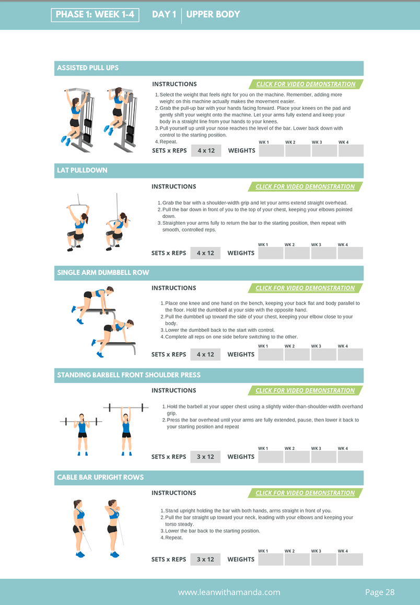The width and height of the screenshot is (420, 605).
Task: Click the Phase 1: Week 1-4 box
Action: click(x=95, y=15)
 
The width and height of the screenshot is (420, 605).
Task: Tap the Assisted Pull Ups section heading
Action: click(x=88, y=68)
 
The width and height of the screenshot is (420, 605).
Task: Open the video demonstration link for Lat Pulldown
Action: click(x=305, y=187)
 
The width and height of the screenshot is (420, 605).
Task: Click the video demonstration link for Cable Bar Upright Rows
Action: click(x=305, y=493)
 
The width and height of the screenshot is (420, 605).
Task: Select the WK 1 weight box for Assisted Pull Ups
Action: click(x=272, y=150)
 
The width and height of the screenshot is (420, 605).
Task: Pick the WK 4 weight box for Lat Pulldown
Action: click(x=350, y=253)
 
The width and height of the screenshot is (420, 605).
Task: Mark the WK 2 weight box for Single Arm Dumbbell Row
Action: click(x=297, y=355)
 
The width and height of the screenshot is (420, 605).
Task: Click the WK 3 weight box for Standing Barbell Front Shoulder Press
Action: click(x=323, y=457)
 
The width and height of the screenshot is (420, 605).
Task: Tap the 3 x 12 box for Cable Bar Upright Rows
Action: click(x=205, y=560)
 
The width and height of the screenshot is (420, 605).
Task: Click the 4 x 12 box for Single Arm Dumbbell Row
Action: click(x=205, y=355)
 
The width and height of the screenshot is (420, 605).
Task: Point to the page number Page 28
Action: click(x=380, y=592)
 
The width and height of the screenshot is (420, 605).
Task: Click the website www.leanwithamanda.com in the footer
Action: click(x=229, y=592)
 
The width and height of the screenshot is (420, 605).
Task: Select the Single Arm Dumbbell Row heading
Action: click(x=103, y=273)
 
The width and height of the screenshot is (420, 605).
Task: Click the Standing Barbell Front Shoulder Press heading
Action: click(x=129, y=375)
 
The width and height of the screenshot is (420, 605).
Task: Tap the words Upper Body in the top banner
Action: click(x=213, y=15)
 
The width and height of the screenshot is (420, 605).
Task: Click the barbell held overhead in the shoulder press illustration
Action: click(x=126, y=407)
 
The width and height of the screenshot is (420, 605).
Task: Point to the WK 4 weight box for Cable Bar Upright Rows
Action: click(x=350, y=560)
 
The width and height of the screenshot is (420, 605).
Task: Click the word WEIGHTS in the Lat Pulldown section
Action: click(x=241, y=253)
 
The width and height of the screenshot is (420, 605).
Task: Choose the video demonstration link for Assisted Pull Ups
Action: click(x=306, y=84)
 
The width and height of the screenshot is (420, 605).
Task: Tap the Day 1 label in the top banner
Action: click(x=164, y=15)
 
